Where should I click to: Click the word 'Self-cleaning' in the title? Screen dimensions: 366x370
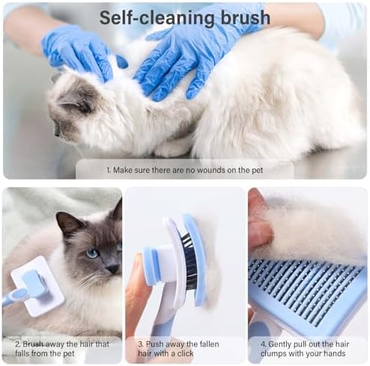pos(157,16)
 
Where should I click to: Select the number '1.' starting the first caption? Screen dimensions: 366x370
pos(108,171)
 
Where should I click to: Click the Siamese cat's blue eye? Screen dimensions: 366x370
pos(91,253)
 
